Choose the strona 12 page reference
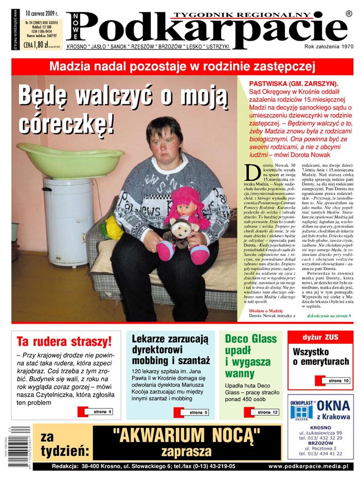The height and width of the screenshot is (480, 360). tap(267, 412)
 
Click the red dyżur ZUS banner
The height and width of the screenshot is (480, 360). tap(320, 337)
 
